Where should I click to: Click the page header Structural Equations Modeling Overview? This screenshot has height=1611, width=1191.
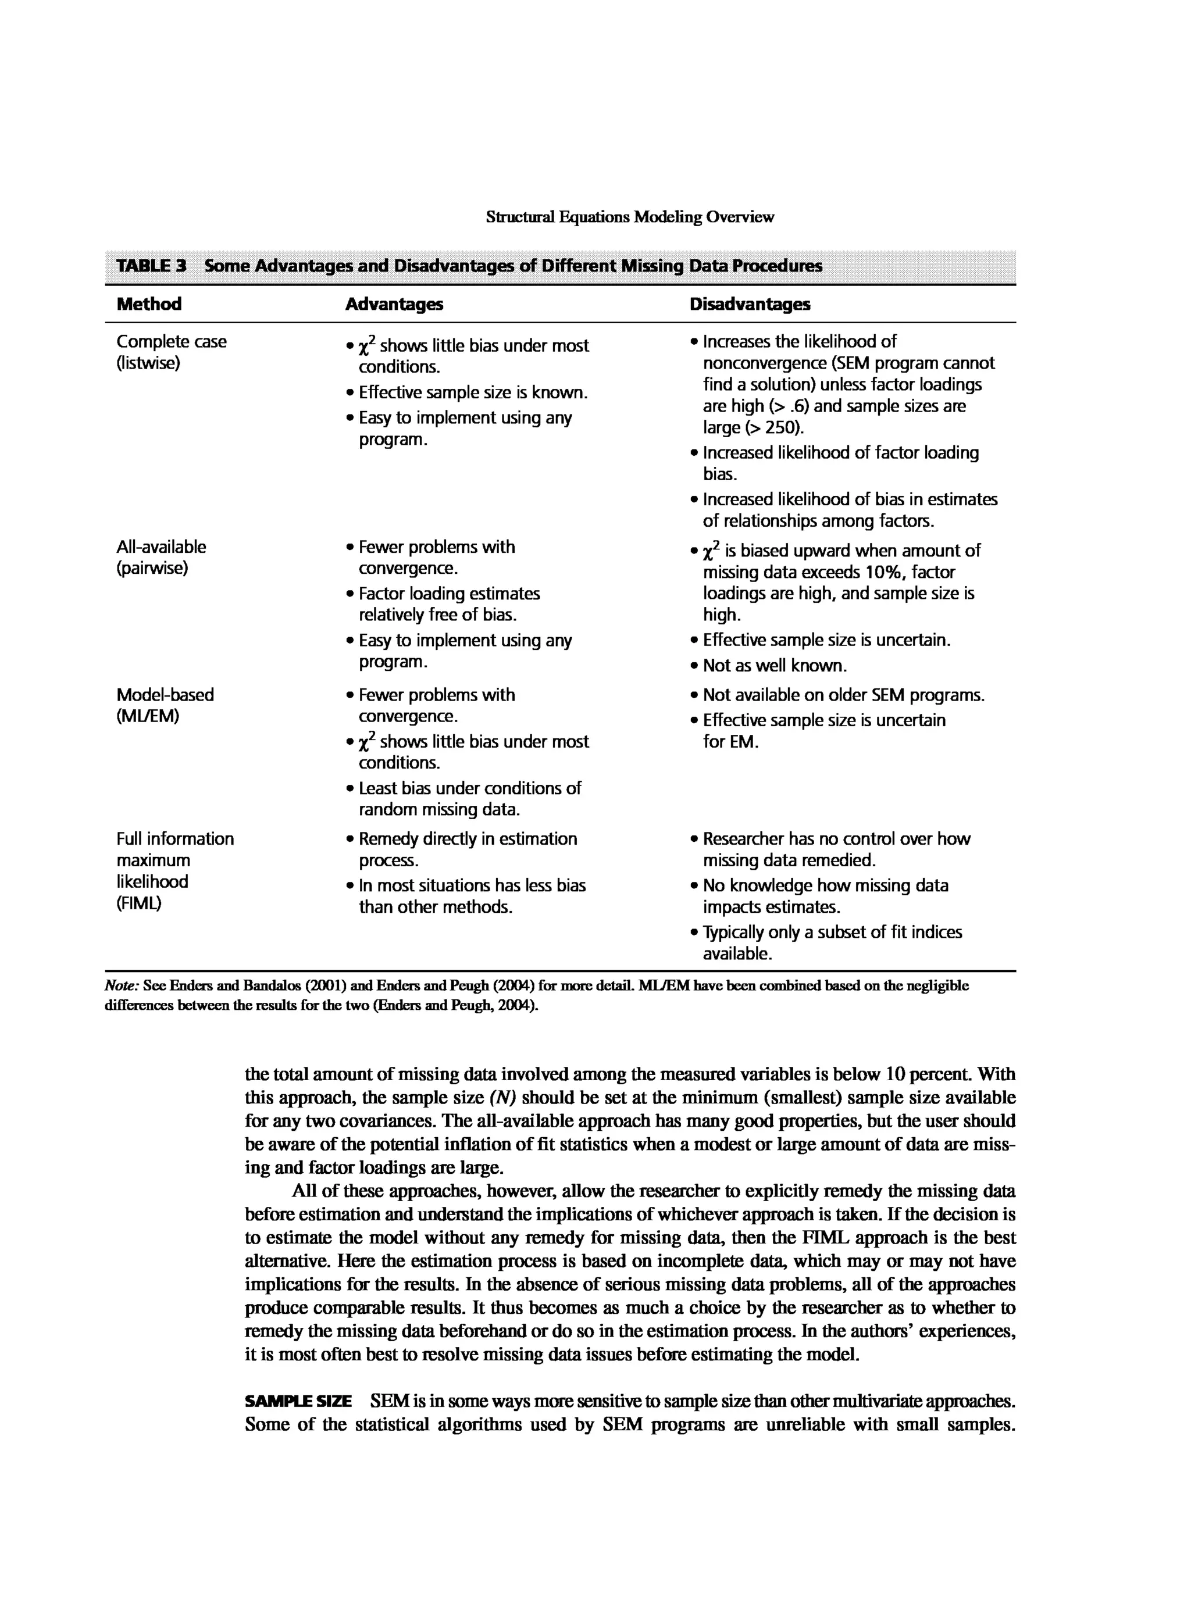pyautogui.click(x=629, y=217)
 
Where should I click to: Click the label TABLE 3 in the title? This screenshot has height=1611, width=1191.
pyautogui.click(x=151, y=266)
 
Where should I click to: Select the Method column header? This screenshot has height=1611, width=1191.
pyautogui.click(x=149, y=304)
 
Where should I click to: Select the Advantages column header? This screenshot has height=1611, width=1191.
pyautogui.click(x=394, y=304)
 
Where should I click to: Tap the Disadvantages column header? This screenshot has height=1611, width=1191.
pyautogui.click(x=749, y=304)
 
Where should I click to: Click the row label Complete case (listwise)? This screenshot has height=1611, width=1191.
pyautogui.click(x=171, y=352)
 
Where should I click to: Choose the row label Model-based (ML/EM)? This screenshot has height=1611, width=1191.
pyautogui.click(x=165, y=705)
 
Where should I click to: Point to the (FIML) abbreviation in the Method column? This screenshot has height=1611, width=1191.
pyautogui.click(x=139, y=903)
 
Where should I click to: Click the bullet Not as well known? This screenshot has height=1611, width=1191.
pyautogui.click(x=774, y=665)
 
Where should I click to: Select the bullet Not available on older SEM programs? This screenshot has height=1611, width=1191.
pyautogui.click(x=843, y=695)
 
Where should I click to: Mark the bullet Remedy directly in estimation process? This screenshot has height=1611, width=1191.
pyautogui.click(x=467, y=849)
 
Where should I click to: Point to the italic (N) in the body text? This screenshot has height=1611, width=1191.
pyautogui.click(x=502, y=1098)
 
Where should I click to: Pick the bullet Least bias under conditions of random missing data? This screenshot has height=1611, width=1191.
pyautogui.click(x=469, y=799)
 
